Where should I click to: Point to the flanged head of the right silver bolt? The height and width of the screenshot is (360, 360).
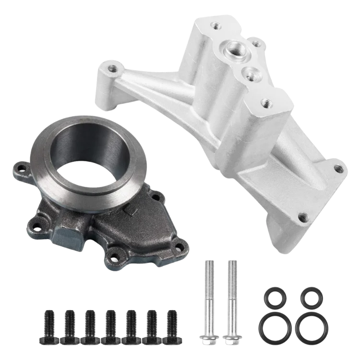coord(232,339)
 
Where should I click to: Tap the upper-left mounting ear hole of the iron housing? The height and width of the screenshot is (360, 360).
coord(20,168)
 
